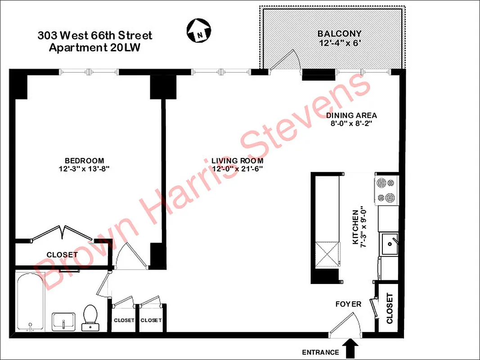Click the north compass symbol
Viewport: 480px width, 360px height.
199,31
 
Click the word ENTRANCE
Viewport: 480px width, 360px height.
321,352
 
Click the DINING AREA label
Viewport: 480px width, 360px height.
351,115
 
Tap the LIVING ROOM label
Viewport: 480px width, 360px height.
237,161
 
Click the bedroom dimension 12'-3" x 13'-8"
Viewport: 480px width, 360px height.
84,169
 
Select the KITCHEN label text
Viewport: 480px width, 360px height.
355,227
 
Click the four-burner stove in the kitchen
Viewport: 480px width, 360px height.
387,190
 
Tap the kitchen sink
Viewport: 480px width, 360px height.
389,243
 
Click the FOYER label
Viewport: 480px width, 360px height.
348,304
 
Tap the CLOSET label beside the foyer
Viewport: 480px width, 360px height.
389,308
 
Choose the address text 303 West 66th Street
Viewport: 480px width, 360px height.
95,36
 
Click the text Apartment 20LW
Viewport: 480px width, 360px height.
94,48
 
